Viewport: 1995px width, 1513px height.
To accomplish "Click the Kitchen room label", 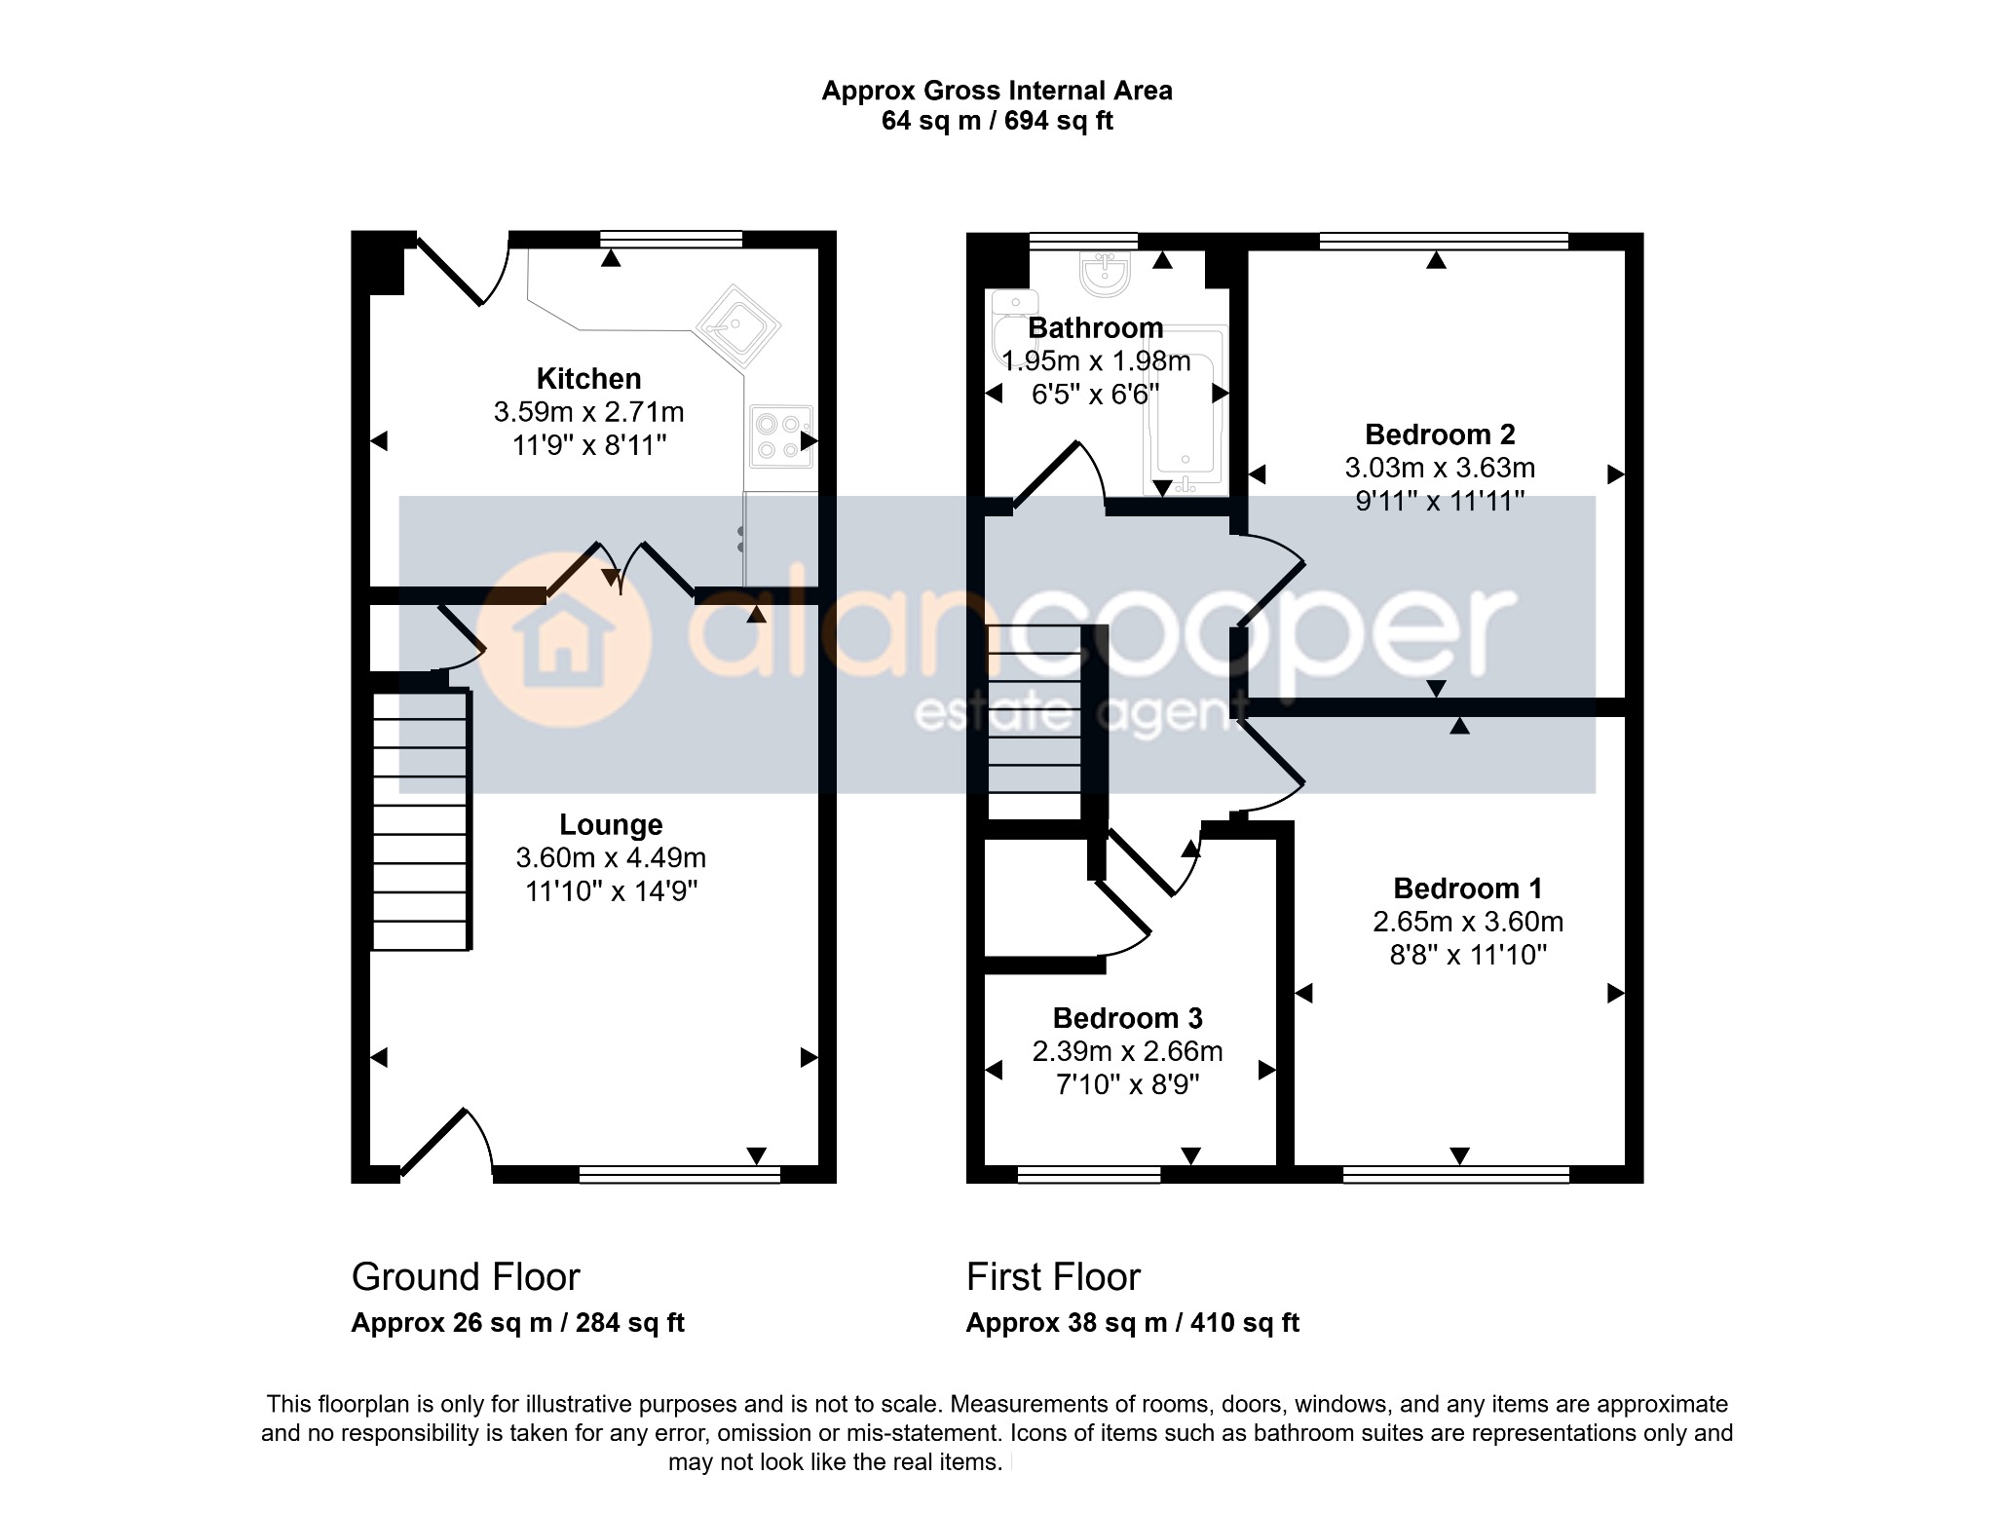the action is pyautogui.click(x=588, y=378).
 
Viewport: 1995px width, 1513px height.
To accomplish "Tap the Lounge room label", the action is pyautogui.click(x=611, y=824).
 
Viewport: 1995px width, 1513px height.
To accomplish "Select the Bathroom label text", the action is pyautogui.click(x=1096, y=327).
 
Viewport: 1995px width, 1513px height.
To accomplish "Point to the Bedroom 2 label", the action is pyautogui.click(x=1440, y=434).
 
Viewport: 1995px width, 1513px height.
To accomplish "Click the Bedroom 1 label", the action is pyautogui.click(x=1468, y=888).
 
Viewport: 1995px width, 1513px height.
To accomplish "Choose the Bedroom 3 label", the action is pyautogui.click(x=1128, y=1018).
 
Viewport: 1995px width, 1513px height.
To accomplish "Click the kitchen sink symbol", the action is pyautogui.click(x=736, y=325).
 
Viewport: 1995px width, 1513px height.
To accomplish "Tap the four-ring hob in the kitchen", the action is pyautogui.click(x=781, y=436).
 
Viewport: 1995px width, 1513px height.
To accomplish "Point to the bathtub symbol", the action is pyautogui.click(x=1184, y=410).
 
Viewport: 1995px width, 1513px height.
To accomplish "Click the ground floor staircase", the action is pyautogui.click(x=421, y=819).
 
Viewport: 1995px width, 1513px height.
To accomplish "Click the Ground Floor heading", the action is pyautogui.click(x=466, y=1276).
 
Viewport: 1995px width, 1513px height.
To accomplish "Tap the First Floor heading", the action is pyautogui.click(x=1053, y=1276).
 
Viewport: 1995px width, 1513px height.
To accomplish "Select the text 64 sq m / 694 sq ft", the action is pyautogui.click(x=997, y=121).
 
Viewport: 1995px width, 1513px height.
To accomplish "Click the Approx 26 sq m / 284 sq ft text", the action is pyautogui.click(x=517, y=1323).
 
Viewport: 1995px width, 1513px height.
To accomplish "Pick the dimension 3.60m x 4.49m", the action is pyautogui.click(x=611, y=857).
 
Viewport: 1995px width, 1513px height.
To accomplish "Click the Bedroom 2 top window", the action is pyautogui.click(x=1444, y=241).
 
